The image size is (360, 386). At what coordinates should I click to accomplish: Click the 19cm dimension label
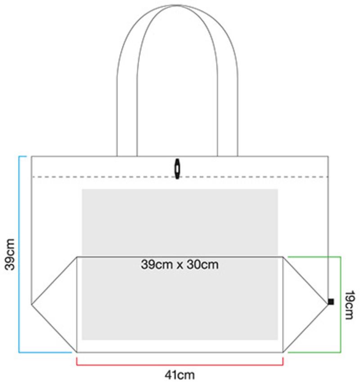[x=349, y=304]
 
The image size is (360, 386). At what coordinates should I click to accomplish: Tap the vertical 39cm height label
[x=10, y=254]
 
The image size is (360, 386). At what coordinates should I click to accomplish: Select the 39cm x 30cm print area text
[x=180, y=264]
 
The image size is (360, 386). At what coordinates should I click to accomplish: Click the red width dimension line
[x=180, y=364]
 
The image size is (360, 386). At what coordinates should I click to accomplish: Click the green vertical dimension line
[x=341, y=304]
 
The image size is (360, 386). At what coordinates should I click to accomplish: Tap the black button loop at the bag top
[x=177, y=168]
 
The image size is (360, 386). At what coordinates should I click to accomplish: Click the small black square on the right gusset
[x=331, y=302]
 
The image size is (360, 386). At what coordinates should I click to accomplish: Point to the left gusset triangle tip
[x=31, y=305]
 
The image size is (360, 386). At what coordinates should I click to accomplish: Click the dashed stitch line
[x=112, y=177]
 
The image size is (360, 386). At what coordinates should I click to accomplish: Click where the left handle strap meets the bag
[x=126, y=155]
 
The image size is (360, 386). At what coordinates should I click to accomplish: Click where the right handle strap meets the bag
[x=228, y=155]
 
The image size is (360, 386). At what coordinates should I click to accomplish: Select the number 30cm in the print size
[x=203, y=264]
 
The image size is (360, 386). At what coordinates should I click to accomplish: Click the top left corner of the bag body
[x=31, y=156]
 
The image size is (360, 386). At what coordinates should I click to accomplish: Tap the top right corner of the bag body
[x=328, y=156]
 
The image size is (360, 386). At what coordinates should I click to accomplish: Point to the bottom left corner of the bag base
[x=77, y=352]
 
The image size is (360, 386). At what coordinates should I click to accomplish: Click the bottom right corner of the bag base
[x=283, y=352]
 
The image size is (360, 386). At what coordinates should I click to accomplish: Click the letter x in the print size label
[x=179, y=265]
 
